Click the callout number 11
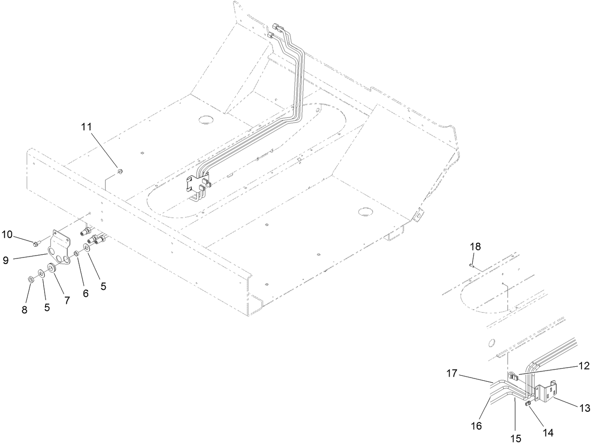pyautogui.click(x=99, y=127)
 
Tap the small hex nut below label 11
pyautogui.click(x=119, y=172)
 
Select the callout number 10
pyautogui.click(x=8, y=234)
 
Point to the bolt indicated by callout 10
pyautogui.click(x=36, y=243)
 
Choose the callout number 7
pyautogui.click(x=67, y=301)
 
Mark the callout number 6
pyautogui.click(x=86, y=293)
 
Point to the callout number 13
pyautogui.click(x=584, y=408)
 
